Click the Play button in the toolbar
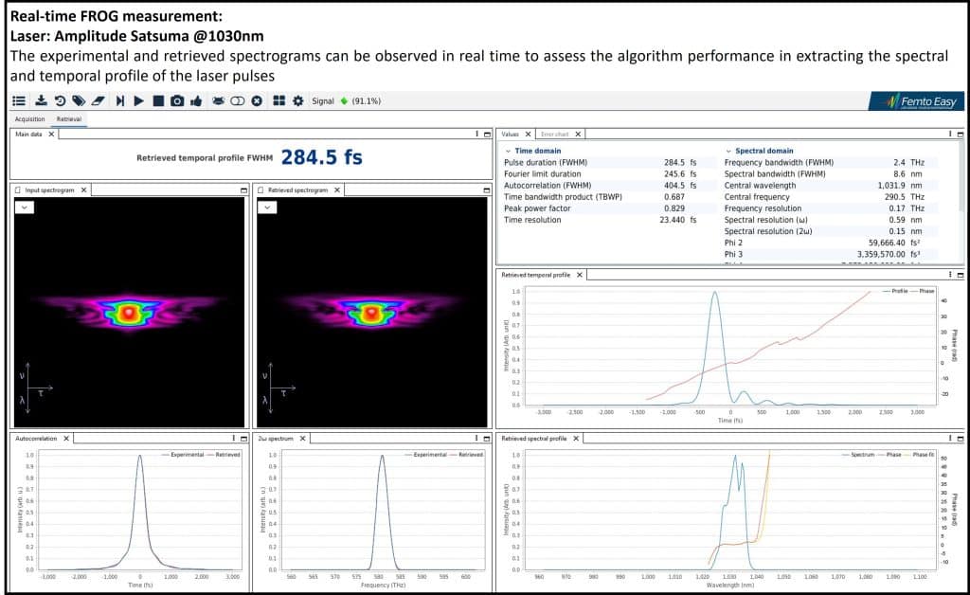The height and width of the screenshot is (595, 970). click(x=138, y=100)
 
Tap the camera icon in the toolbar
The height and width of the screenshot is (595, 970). click(x=177, y=100)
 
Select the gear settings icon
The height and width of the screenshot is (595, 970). click(x=298, y=100)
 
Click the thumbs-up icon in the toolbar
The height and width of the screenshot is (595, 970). click(x=196, y=100)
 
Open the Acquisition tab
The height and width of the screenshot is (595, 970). click(x=29, y=119)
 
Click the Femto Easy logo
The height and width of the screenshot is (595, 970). click(x=916, y=100)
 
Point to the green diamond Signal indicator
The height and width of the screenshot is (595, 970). click(x=344, y=100)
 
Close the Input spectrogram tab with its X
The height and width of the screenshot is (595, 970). click(x=83, y=189)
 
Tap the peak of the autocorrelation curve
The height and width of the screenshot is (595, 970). click(x=140, y=456)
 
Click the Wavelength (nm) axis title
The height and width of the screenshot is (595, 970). click(x=727, y=585)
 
